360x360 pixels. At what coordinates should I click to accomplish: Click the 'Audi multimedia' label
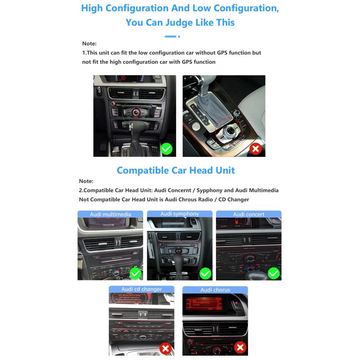click(110, 214)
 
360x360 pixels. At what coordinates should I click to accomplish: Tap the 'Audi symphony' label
click(180, 214)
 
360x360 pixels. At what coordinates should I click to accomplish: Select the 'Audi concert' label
click(248, 214)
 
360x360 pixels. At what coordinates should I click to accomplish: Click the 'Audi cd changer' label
click(142, 289)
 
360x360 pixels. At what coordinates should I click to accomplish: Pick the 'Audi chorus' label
click(215, 290)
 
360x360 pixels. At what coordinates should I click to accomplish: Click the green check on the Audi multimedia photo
click(136, 274)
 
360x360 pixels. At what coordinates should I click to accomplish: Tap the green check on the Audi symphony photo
click(205, 274)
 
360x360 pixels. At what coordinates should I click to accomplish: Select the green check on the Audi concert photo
click(274, 274)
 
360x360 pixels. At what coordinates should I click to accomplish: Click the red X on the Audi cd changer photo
click(166, 348)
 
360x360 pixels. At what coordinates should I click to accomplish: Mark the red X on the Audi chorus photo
click(240, 347)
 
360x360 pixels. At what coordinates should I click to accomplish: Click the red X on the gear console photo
click(256, 149)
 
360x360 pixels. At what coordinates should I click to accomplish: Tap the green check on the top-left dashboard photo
click(166, 149)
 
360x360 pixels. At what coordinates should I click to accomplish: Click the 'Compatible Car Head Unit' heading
click(176, 170)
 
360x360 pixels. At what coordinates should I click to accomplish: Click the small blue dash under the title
click(171, 36)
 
